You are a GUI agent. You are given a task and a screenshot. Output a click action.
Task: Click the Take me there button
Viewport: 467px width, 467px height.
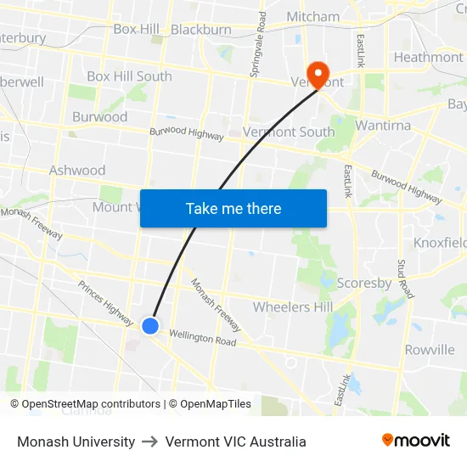(x=233, y=209)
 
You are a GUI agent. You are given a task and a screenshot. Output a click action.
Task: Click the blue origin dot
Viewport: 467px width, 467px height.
(x=150, y=325)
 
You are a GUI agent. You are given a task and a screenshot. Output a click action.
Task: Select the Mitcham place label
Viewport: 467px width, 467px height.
(x=312, y=16)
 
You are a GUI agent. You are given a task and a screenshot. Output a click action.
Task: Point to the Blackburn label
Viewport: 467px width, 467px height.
(x=201, y=30)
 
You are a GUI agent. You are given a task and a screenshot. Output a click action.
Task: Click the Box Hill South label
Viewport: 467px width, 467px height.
(x=129, y=76)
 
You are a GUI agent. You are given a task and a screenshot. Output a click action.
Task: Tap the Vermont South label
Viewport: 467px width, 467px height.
(x=289, y=132)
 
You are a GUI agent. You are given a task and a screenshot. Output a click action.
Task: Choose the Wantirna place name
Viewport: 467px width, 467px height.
(x=383, y=126)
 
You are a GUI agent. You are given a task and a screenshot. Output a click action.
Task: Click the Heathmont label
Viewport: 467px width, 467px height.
(x=428, y=58)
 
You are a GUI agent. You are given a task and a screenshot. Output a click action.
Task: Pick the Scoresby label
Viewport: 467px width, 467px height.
(x=363, y=283)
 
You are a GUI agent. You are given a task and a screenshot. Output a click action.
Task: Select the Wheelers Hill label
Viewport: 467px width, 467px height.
(x=293, y=307)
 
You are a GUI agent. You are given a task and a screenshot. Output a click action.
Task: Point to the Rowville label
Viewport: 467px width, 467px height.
(x=430, y=349)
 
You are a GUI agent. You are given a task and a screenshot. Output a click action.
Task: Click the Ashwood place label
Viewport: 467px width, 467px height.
(x=77, y=170)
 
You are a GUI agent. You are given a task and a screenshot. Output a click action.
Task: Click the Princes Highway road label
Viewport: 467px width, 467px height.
(x=105, y=303)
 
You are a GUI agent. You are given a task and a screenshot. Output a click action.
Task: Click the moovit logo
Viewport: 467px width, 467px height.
(x=416, y=441)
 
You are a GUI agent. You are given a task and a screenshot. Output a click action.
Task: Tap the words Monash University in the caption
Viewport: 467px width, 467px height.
(x=76, y=442)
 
